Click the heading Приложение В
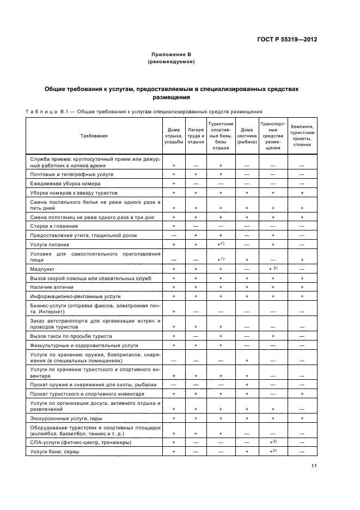[171, 55]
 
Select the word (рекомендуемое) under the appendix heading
[171, 63]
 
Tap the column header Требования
[94, 136]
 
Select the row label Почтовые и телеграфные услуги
[72, 174]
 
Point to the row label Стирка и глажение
[54, 226]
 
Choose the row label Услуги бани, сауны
[55, 452]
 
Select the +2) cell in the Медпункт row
[273, 269]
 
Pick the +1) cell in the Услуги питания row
[221, 244]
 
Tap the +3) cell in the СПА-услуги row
[273, 442]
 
